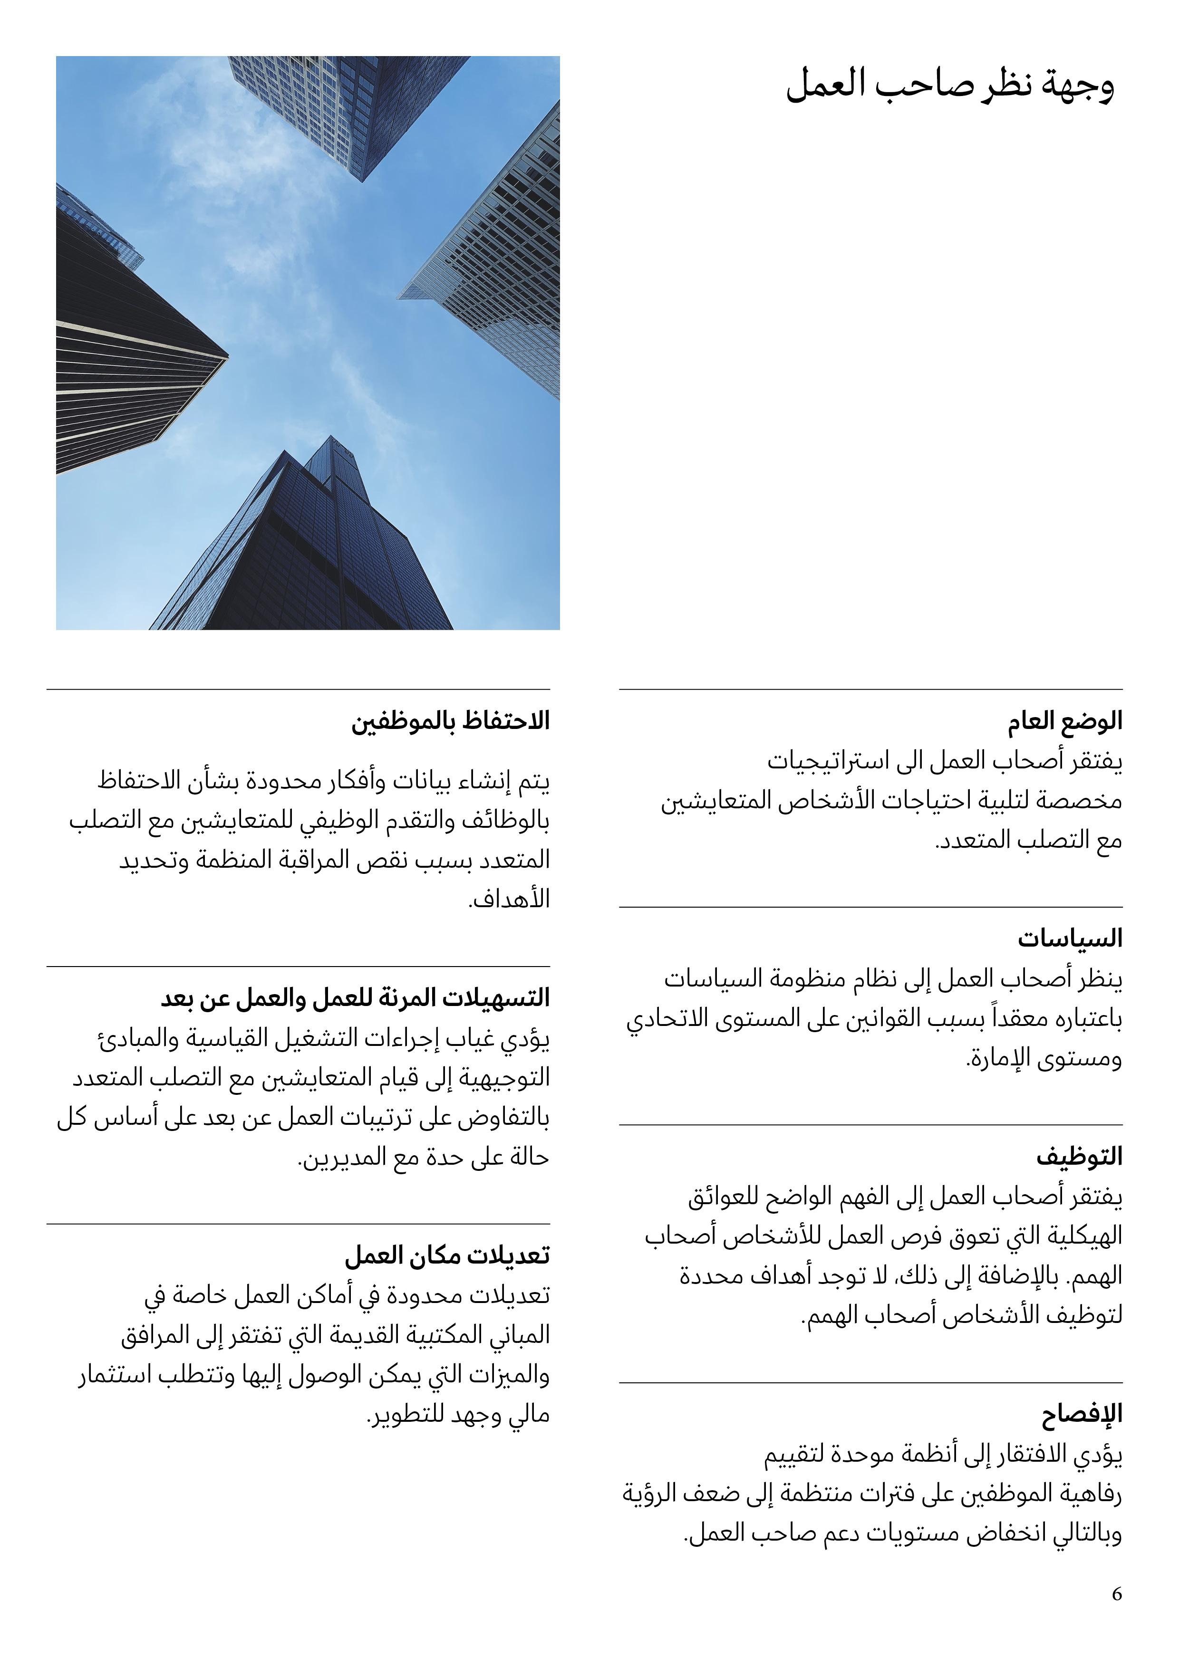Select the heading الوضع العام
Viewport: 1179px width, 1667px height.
click(x=1064, y=721)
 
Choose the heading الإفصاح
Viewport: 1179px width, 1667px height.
click(x=1082, y=1414)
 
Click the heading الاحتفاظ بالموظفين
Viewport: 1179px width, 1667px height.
click(x=450, y=721)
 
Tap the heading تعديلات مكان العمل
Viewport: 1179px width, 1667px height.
click(x=447, y=1255)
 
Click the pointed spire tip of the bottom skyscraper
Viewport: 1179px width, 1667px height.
click(x=331, y=438)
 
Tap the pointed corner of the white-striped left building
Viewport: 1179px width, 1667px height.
click(x=227, y=355)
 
